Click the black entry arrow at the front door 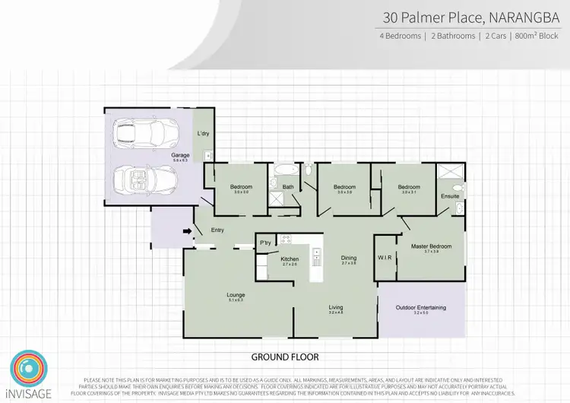pos(187,231)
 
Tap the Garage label pos(180,155)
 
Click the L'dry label pos(203,134)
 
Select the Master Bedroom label pos(431,246)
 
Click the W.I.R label pos(385,258)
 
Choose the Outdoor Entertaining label pos(420,307)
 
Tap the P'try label pos(265,243)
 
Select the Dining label pos(349,258)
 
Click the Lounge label pos(235,295)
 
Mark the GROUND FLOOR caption pos(284,357)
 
